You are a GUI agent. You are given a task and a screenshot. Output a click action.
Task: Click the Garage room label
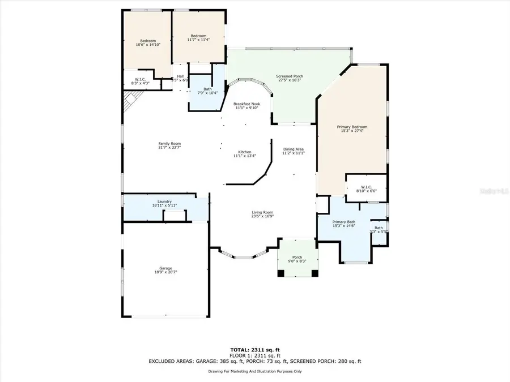pyautogui.click(x=167, y=268)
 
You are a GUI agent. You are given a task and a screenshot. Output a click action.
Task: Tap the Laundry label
pyautogui.click(x=165, y=201)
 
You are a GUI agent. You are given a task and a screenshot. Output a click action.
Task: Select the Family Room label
pyautogui.click(x=169, y=144)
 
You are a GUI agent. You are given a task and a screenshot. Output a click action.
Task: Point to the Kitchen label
pyautogui.click(x=244, y=152)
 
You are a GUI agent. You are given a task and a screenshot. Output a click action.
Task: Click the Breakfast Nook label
pyautogui.click(x=246, y=104)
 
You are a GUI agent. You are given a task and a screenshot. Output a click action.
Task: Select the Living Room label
pyautogui.click(x=263, y=212)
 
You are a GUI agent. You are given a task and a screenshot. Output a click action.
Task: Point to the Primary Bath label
pyautogui.click(x=343, y=222)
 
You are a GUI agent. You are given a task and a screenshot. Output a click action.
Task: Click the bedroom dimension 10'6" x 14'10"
pyautogui.click(x=148, y=44)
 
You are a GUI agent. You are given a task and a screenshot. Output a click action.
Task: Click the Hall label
pyautogui.click(x=180, y=76)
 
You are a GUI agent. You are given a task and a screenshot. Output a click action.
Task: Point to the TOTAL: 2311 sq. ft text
pyautogui.click(x=254, y=350)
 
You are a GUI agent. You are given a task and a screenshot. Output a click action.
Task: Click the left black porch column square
pyautogui.click(x=280, y=273)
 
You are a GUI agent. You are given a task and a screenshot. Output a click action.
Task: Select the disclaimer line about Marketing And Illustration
pyautogui.click(x=254, y=371)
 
